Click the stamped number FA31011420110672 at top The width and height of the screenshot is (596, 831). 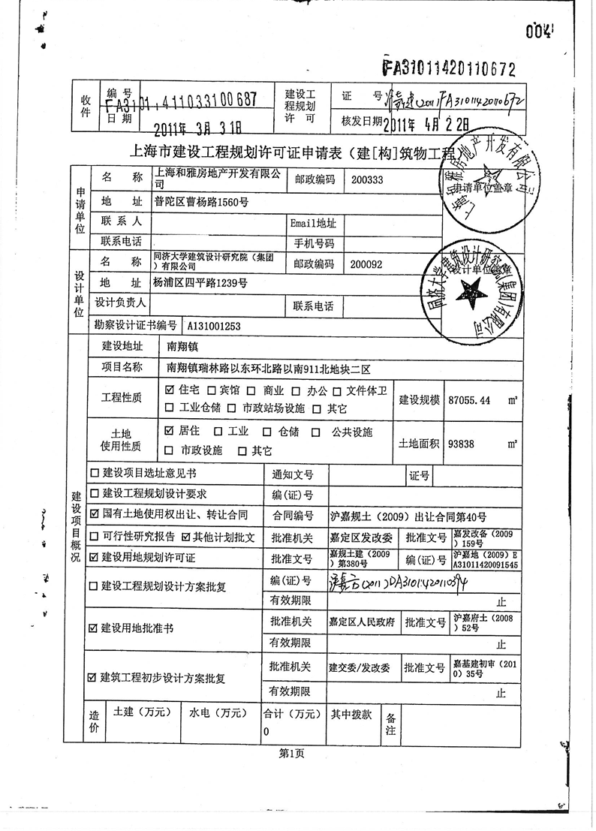[x=450, y=69]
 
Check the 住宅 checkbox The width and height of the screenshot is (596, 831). [x=169, y=390]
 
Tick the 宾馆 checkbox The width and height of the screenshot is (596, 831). [x=212, y=391]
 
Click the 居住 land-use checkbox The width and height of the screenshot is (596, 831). [x=169, y=432]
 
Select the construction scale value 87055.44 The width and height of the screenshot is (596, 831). [x=468, y=400]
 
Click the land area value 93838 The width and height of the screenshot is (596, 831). [x=461, y=444]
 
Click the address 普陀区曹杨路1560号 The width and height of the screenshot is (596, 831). [x=201, y=202]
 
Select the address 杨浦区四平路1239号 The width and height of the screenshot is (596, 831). [x=200, y=283]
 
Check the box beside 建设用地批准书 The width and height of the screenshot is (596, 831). [x=93, y=628]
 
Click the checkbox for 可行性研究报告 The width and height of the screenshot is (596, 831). [x=94, y=537]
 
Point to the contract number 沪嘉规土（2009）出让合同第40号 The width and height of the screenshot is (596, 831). [x=408, y=516]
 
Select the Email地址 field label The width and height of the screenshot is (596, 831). [x=313, y=223]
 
